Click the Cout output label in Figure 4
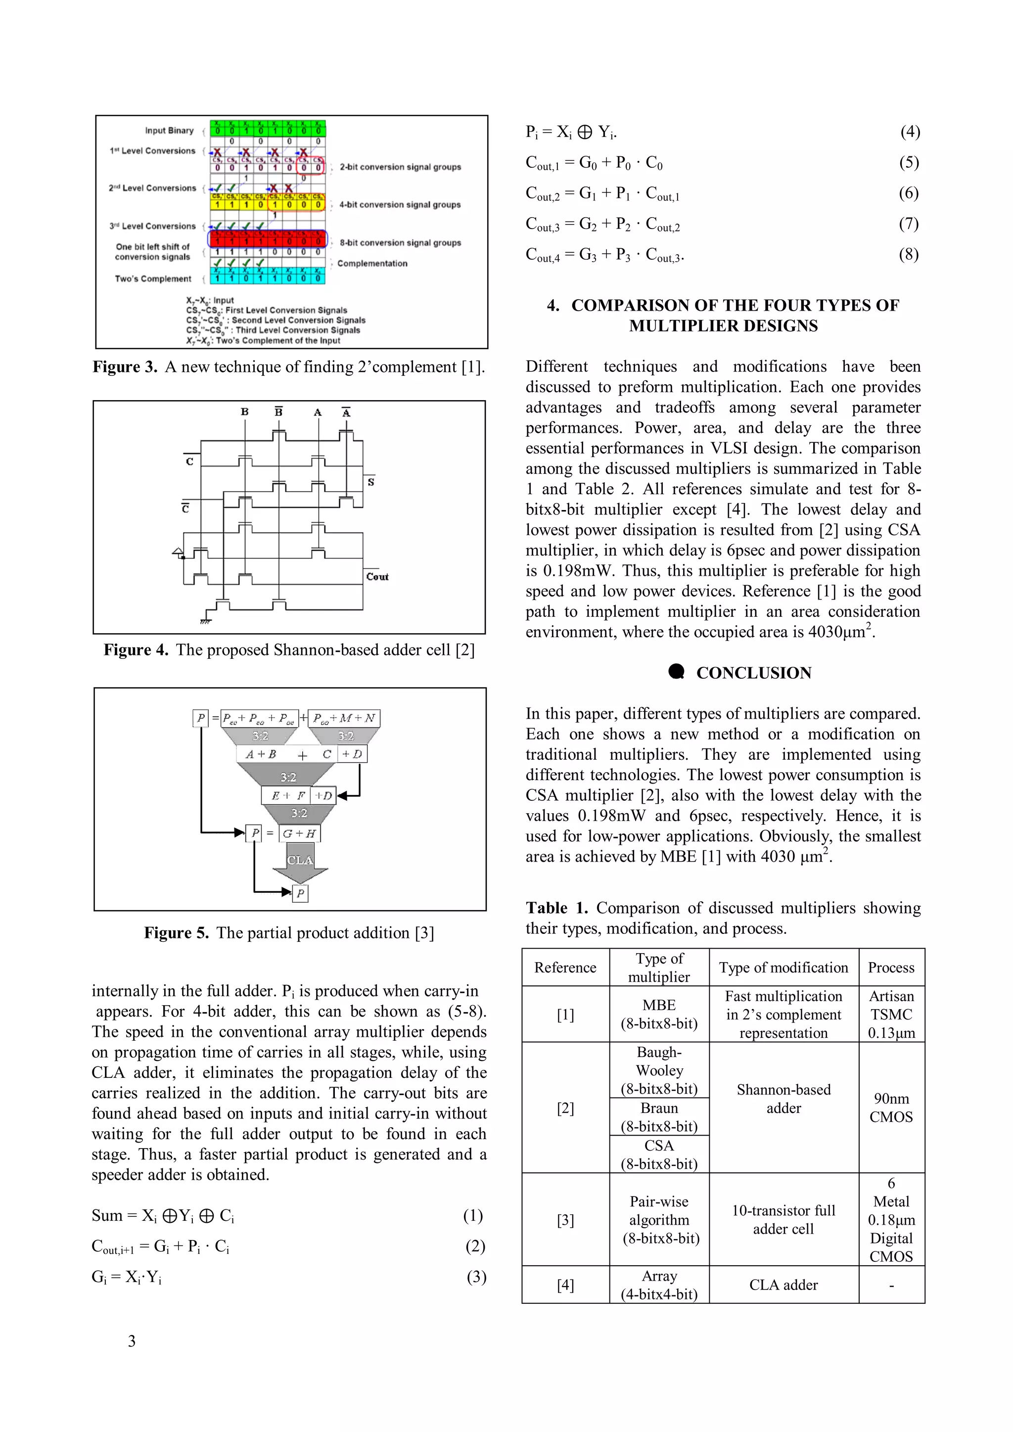tap(377, 577)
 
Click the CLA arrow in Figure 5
tap(300, 861)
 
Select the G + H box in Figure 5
tap(299, 833)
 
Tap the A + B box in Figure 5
tap(261, 754)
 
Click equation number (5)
tap(908, 163)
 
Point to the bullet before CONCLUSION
tap(676, 672)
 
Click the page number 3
tap(132, 1341)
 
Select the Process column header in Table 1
tap(891, 968)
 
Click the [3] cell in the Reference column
tap(565, 1220)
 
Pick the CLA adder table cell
tap(783, 1285)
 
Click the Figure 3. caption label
tap(125, 368)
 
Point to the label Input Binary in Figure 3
tap(169, 131)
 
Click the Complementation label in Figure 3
tap(372, 264)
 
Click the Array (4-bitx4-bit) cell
tap(659, 1285)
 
